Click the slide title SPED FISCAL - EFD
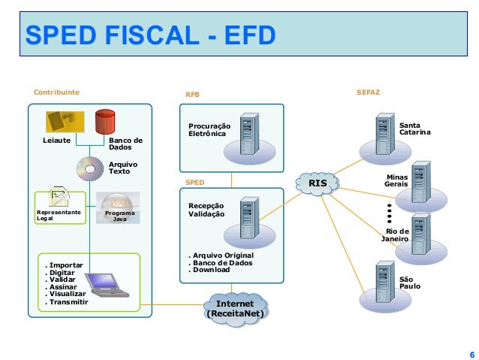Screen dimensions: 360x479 click(x=150, y=34)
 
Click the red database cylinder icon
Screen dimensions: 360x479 click(x=105, y=122)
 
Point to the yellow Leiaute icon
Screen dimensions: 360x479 click(x=64, y=122)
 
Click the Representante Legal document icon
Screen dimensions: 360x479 click(x=60, y=198)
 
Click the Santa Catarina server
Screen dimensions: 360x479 click(x=385, y=134)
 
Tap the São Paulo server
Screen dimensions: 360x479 click(x=385, y=282)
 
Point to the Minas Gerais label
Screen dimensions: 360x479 click(x=396, y=180)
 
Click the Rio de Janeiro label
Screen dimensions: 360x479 click(x=395, y=234)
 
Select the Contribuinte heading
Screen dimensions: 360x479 click(x=56, y=92)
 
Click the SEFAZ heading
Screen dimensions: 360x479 click(x=369, y=92)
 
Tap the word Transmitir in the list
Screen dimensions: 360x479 click(x=68, y=301)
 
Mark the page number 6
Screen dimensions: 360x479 click(x=471, y=354)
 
